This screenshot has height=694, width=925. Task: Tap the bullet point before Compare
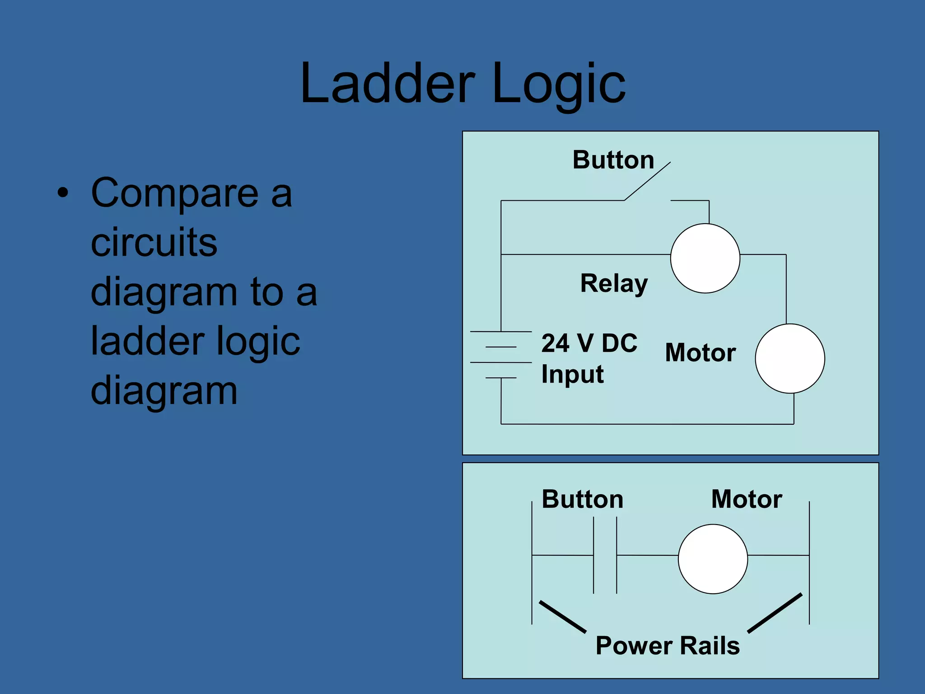coord(63,193)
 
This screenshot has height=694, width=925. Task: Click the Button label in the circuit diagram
coord(613,160)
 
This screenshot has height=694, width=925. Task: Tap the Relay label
coord(613,284)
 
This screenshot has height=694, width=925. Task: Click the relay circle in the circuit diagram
coord(705,258)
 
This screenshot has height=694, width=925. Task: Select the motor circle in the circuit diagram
coord(790,358)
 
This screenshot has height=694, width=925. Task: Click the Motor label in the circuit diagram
coord(700,353)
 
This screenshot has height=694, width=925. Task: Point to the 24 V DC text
coord(589,343)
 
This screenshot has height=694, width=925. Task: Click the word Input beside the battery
coord(572,375)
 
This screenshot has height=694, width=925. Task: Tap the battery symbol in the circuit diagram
coord(501,355)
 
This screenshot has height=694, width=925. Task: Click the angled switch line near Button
coord(647,181)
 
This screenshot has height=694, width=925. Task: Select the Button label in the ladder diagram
coord(582,499)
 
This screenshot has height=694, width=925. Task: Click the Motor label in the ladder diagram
coord(746,499)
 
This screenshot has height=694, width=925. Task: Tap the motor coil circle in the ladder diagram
coord(712,559)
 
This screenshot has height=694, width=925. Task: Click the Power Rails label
coord(667,645)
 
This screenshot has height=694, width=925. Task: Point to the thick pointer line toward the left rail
coord(562,617)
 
